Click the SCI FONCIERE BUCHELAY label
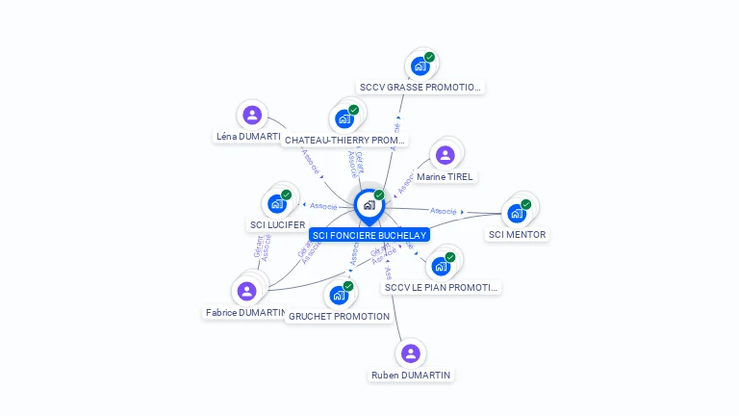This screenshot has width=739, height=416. coord(369,235)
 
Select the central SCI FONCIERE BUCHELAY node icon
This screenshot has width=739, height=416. coord(369,205)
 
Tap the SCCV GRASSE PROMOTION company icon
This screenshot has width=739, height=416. coord(420,65)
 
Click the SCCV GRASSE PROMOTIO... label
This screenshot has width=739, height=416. coord(419,88)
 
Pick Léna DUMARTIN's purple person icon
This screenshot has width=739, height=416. coord(252,116)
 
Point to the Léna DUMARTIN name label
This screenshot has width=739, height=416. coord(248,137)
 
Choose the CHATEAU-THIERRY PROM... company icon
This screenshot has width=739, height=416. coord(344,119)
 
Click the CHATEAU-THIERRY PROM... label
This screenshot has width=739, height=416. coord(344,141)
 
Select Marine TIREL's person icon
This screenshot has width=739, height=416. coord(445,155)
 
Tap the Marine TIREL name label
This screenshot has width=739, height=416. coord(446,177)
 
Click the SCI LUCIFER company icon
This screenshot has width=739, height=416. coord(277,203)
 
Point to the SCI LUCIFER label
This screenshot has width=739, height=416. coord(277,225)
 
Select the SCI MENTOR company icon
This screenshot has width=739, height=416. coord(517,213)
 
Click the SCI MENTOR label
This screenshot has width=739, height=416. coord(517,235)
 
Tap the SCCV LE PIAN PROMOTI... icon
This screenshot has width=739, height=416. coord(441,266)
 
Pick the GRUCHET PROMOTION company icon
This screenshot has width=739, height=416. coord(339,295)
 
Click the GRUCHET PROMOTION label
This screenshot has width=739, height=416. coord(340,317)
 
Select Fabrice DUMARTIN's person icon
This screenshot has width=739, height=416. coord(246,291)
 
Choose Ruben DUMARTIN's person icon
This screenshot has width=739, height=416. coord(411,353)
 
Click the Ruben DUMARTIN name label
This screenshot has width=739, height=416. coord(411,376)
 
